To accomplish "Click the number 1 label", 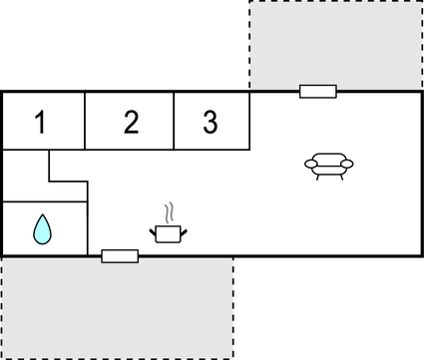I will click(40, 123).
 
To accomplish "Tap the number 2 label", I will click(131, 123).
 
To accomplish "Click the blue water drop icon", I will click(42, 229).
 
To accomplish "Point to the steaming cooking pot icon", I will click(169, 232).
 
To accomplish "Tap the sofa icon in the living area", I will click(329, 165).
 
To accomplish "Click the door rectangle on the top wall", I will click(318, 92).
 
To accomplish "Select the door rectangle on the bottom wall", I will click(120, 256).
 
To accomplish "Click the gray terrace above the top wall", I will click(334, 45).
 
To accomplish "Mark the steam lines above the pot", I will click(170, 212).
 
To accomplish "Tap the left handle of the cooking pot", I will click(154, 232).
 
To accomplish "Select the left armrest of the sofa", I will click(310, 164).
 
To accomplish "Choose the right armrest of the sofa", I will click(349, 164).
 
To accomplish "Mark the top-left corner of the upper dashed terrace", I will click(249, 2).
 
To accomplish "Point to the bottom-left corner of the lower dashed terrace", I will click(2, 357).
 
